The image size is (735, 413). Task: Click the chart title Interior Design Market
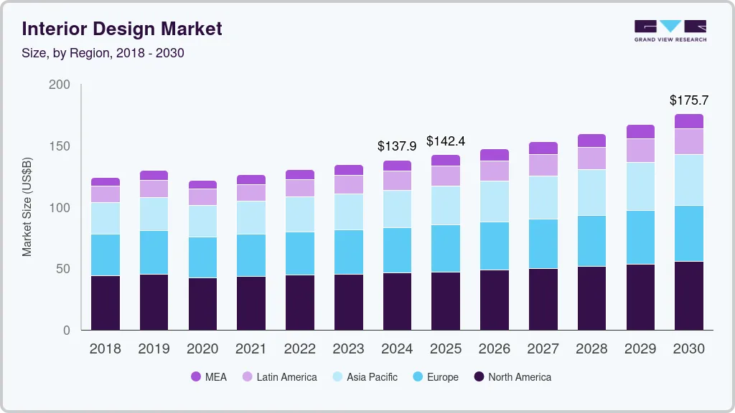click(x=122, y=29)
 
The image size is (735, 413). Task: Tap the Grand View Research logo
click(x=670, y=31)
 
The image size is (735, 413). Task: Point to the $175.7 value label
click(x=688, y=100)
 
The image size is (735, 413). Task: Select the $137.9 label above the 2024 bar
click(x=397, y=146)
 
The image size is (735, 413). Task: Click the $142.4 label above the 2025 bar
click(x=446, y=141)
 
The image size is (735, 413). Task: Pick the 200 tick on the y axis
click(x=60, y=85)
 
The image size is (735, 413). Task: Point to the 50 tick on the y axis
click(x=63, y=269)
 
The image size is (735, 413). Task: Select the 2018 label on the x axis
click(x=106, y=349)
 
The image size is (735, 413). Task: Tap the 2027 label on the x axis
click(x=543, y=349)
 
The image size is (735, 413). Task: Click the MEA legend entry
click(x=209, y=377)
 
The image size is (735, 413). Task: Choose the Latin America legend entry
click(x=278, y=377)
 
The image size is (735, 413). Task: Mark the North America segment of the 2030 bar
click(x=689, y=295)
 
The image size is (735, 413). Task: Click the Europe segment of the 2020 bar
click(x=202, y=257)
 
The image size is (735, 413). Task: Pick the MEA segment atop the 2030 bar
click(x=689, y=121)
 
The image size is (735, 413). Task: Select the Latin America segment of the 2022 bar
click(x=300, y=188)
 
